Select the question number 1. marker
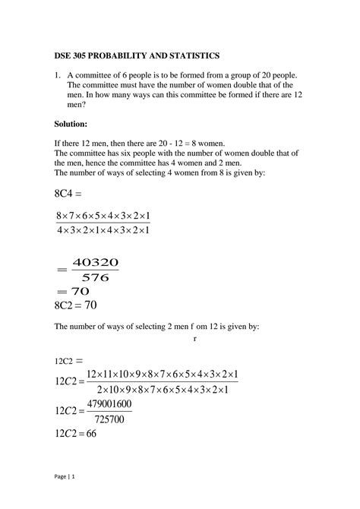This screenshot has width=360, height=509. [x=58, y=76]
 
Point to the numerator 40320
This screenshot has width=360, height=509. [x=95, y=264]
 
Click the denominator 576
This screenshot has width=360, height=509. [x=95, y=277]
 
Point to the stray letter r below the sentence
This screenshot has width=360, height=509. [x=195, y=340]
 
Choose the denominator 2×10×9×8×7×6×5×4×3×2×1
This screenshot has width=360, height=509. [x=163, y=388]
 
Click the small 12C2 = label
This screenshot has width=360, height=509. [x=68, y=360]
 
